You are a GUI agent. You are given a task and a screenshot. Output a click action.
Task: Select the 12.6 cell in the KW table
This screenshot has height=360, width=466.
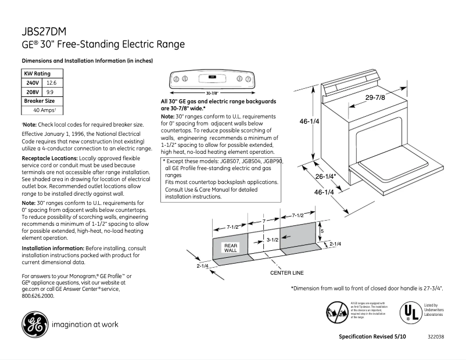coord(51,83)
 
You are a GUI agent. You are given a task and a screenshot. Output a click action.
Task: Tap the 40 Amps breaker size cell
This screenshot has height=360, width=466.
coord(44,110)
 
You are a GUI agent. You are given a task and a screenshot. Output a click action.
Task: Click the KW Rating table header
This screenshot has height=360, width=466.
coord(37,74)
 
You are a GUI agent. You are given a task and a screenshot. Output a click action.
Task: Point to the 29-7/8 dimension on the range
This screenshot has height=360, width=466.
coord(375,97)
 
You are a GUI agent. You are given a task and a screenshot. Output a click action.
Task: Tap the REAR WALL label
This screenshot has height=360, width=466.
coord(231,247)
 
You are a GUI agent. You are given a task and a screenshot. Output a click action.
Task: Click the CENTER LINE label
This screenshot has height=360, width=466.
coord(286,272)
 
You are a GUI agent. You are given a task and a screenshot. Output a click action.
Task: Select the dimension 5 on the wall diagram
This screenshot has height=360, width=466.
coord(322,231)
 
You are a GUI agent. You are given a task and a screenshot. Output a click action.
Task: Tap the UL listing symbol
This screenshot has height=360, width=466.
coord(410,312)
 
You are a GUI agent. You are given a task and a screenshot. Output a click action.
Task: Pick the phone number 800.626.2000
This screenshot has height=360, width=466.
coord(38,296)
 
